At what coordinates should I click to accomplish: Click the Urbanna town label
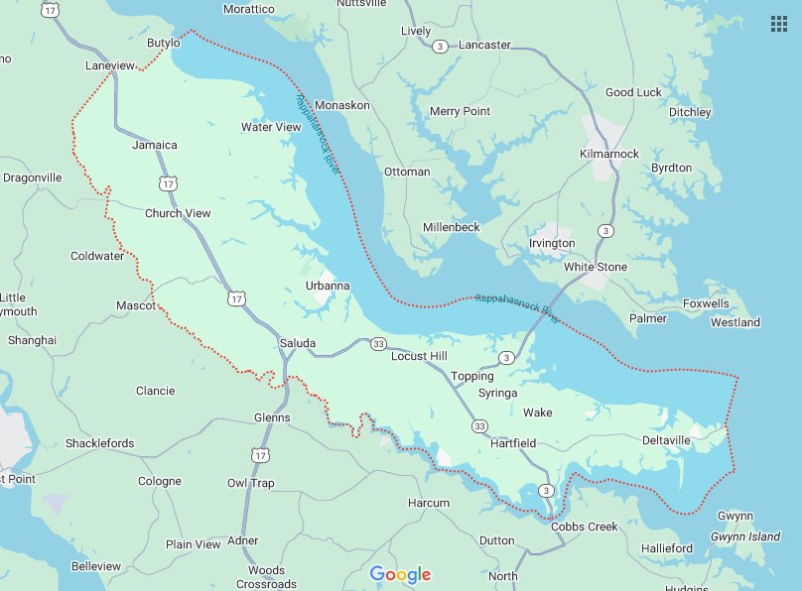[x=328, y=287]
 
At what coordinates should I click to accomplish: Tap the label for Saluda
[x=298, y=344]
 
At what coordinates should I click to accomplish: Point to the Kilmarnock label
[x=609, y=154]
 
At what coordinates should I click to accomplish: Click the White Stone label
[x=596, y=268]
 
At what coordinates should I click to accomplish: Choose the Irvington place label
[x=552, y=244]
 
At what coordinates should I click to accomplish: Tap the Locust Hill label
[x=419, y=356]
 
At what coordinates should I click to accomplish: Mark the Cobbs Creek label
[x=585, y=527]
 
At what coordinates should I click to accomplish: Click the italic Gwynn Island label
[x=745, y=536]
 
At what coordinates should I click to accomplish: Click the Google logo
[x=401, y=574]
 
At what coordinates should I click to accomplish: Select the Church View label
[x=178, y=213]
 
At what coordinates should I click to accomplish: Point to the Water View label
[x=271, y=127]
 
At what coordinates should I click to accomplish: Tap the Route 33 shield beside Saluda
[x=378, y=344]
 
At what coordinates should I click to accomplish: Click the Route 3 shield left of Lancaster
[x=440, y=46]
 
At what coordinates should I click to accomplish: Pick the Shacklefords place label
[x=99, y=443]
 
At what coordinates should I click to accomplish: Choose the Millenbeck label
[x=451, y=227]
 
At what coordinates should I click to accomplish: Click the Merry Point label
[x=460, y=112]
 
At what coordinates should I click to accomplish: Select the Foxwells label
[x=706, y=303]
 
